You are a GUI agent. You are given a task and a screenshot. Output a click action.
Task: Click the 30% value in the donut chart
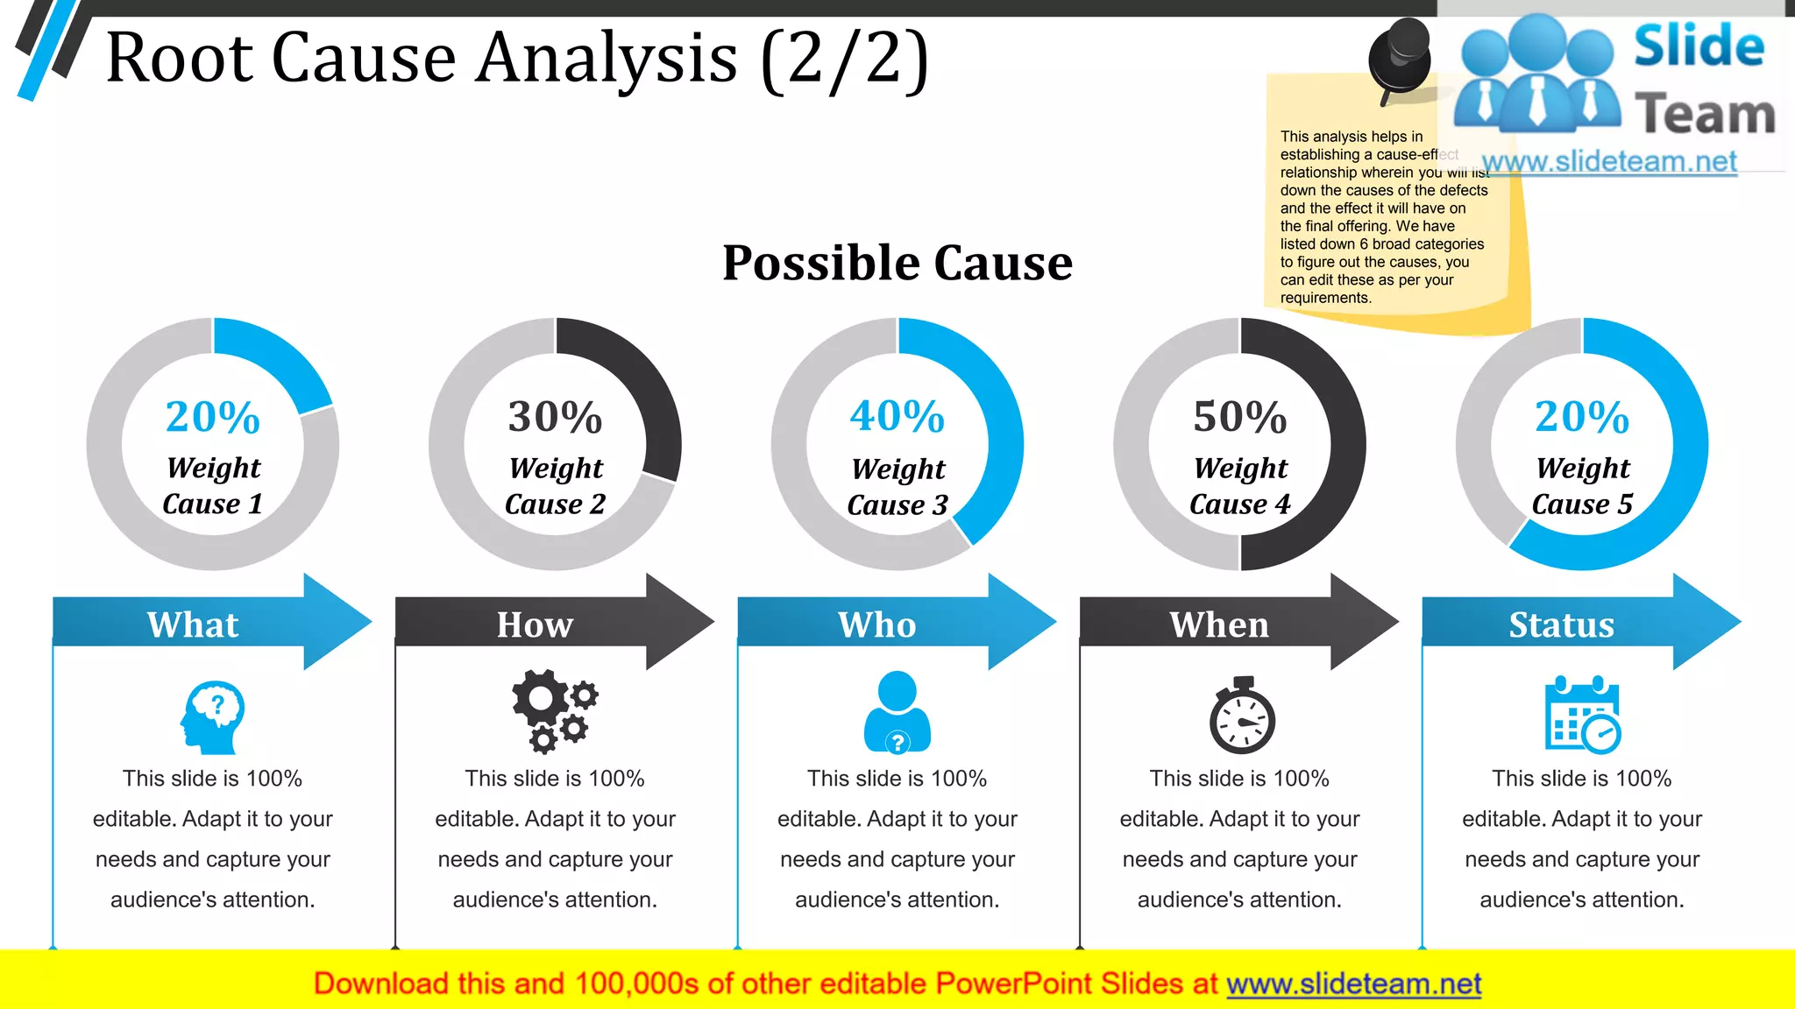[555, 417]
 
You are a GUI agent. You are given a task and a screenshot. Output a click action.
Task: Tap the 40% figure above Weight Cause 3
[897, 416]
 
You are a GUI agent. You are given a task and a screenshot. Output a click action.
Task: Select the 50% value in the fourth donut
[1239, 417]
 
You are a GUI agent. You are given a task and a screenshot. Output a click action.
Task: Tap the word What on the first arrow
[193, 624]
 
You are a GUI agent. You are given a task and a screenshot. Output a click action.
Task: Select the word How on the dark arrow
[535, 624]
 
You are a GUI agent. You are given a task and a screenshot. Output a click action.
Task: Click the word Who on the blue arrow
[876, 624]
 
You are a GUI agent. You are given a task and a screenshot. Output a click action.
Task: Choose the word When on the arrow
[1219, 624]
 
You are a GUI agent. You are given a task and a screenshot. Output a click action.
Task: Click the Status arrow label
[1561, 624]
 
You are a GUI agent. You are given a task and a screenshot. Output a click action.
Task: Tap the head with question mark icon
[212, 717]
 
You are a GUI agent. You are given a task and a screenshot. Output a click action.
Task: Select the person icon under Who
[897, 711]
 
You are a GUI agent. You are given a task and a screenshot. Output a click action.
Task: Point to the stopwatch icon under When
[1241, 716]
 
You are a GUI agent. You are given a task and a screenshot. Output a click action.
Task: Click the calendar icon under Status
[1581, 715]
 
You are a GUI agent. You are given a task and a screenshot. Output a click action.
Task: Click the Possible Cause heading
[897, 262]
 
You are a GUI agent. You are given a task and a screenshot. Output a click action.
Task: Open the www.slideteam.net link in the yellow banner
[1353, 984]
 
